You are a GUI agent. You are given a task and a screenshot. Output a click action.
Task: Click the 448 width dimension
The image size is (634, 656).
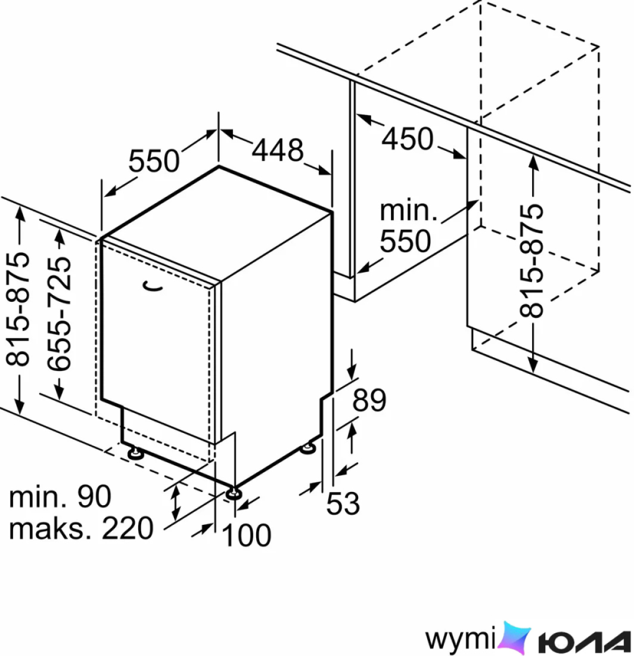[x=278, y=150]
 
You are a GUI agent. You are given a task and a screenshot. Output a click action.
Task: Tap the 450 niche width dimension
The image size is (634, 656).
[x=408, y=139]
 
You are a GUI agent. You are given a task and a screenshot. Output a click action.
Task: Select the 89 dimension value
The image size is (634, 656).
[x=369, y=400]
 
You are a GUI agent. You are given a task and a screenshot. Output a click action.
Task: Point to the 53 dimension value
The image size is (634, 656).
[x=343, y=503]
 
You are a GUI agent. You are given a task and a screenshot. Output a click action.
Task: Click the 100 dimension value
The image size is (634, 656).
[x=247, y=535]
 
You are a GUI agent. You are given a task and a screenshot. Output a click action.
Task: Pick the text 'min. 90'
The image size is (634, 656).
[x=60, y=497]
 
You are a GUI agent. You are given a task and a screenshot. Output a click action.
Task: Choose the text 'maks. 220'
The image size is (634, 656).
[x=81, y=528]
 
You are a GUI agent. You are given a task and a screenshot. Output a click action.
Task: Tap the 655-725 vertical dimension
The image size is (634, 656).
[x=59, y=314]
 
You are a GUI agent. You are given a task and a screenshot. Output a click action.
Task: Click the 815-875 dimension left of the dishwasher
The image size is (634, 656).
[x=17, y=309]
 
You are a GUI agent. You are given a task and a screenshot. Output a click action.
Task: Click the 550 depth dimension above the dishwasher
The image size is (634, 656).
[x=154, y=161]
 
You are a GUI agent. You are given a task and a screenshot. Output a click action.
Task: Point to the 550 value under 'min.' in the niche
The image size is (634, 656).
[x=405, y=241]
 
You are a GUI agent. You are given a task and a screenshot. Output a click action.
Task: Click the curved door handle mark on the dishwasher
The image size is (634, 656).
[x=153, y=287]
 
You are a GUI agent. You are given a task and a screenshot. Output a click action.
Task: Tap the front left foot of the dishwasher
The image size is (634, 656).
[x=135, y=453]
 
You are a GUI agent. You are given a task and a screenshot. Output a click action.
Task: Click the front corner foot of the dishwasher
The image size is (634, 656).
[x=234, y=494]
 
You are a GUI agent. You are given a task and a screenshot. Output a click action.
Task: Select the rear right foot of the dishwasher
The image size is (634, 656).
[x=309, y=448]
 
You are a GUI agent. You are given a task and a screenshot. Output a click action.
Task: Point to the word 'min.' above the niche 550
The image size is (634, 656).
[x=408, y=211]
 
